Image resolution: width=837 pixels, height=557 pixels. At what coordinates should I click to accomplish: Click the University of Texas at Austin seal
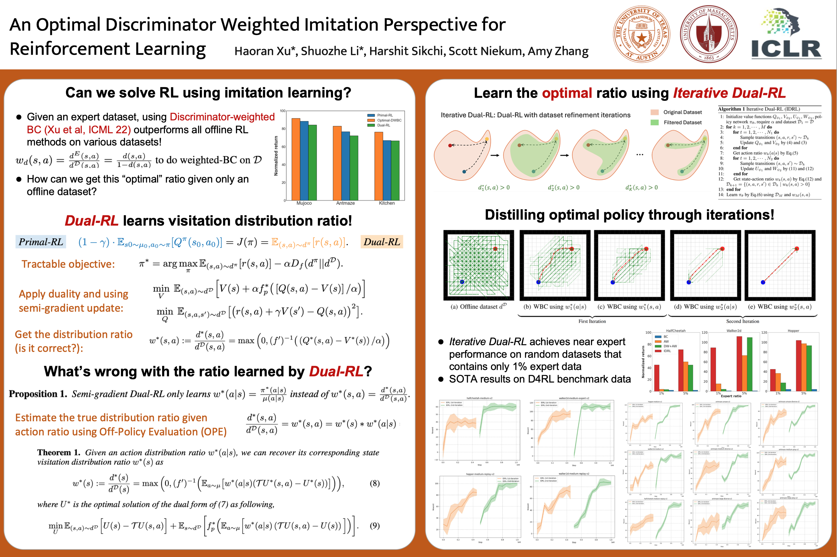[x=642, y=34]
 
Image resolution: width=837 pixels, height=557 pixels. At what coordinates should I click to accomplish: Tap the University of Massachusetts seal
[x=709, y=34]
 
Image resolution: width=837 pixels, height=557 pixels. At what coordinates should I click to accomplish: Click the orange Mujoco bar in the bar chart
[x=296, y=159]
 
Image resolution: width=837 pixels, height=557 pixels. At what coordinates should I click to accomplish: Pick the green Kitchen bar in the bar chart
[x=395, y=170]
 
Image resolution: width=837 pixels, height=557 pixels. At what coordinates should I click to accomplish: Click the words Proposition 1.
[x=38, y=394]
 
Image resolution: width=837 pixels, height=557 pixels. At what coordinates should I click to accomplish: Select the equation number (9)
[x=375, y=525]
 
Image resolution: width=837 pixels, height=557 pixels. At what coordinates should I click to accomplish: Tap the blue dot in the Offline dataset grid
[x=462, y=282]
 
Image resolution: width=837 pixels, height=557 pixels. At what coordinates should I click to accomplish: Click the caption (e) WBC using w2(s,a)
[x=780, y=306]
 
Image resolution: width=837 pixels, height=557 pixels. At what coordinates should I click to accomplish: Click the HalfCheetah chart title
[x=675, y=331]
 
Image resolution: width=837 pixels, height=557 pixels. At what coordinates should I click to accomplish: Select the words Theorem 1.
[x=59, y=452]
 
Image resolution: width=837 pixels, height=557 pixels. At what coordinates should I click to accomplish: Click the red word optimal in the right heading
[x=567, y=93]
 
